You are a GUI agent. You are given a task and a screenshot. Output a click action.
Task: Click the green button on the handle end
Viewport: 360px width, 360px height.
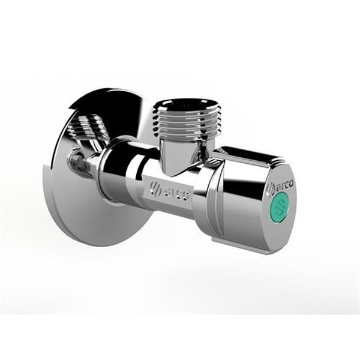280,208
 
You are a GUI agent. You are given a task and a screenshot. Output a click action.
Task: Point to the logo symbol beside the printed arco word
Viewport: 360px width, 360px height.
271,190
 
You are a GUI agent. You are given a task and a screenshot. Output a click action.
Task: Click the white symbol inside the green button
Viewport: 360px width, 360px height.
280,208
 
